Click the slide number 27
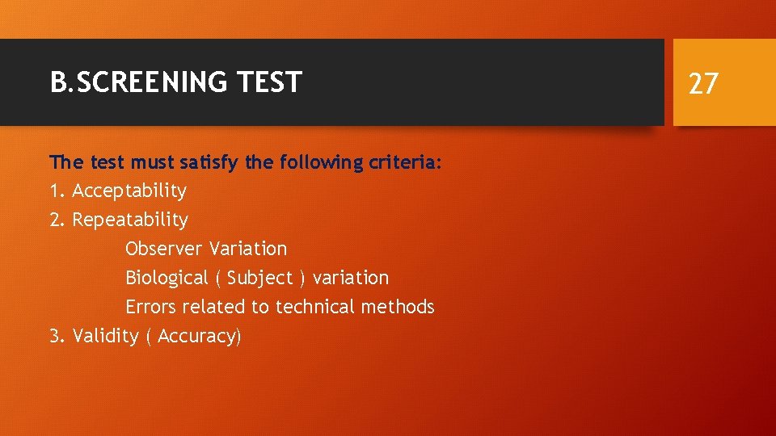coord(703,83)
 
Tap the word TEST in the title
coord(270,82)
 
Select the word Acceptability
coord(129,191)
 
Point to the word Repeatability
coord(130,220)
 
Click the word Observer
coord(164,249)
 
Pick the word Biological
coord(167,279)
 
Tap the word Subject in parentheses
coord(259,279)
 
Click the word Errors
coord(151,307)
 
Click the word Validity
coord(105,336)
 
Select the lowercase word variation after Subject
coord(351,278)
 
